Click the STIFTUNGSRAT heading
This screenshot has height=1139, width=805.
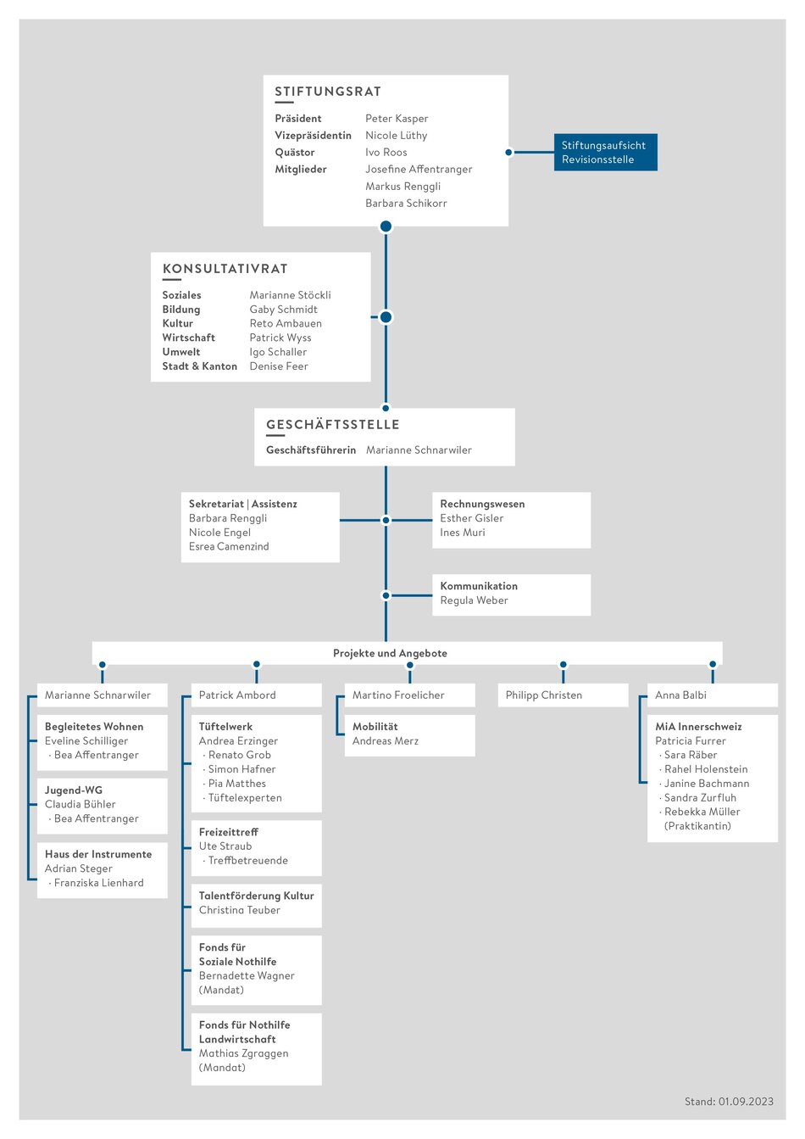(328, 92)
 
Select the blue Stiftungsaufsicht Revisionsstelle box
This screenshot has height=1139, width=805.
(605, 152)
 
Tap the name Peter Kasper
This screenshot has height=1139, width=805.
(397, 119)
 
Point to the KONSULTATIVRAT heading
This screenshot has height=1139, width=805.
(225, 269)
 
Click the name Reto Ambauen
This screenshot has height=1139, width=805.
(286, 323)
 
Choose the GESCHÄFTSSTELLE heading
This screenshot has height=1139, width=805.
(333, 425)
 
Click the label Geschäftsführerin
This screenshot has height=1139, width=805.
(311, 450)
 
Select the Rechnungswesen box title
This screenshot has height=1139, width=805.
(482, 504)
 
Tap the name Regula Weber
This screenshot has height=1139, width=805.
(474, 600)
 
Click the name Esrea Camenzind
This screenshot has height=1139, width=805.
(229, 547)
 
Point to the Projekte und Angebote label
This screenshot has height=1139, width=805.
(390, 653)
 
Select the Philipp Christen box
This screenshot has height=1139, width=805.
(563, 695)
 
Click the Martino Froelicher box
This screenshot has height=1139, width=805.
(410, 695)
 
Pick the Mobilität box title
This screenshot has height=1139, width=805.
(375, 727)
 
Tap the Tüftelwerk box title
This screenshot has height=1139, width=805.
(225, 727)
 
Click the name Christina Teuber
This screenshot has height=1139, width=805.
(240, 910)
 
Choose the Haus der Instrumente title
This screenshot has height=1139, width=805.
(98, 854)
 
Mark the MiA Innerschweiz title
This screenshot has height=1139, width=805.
(698, 727)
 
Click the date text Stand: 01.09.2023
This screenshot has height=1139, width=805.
(729, 1102)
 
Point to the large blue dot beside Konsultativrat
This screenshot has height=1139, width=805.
(386, 317)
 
